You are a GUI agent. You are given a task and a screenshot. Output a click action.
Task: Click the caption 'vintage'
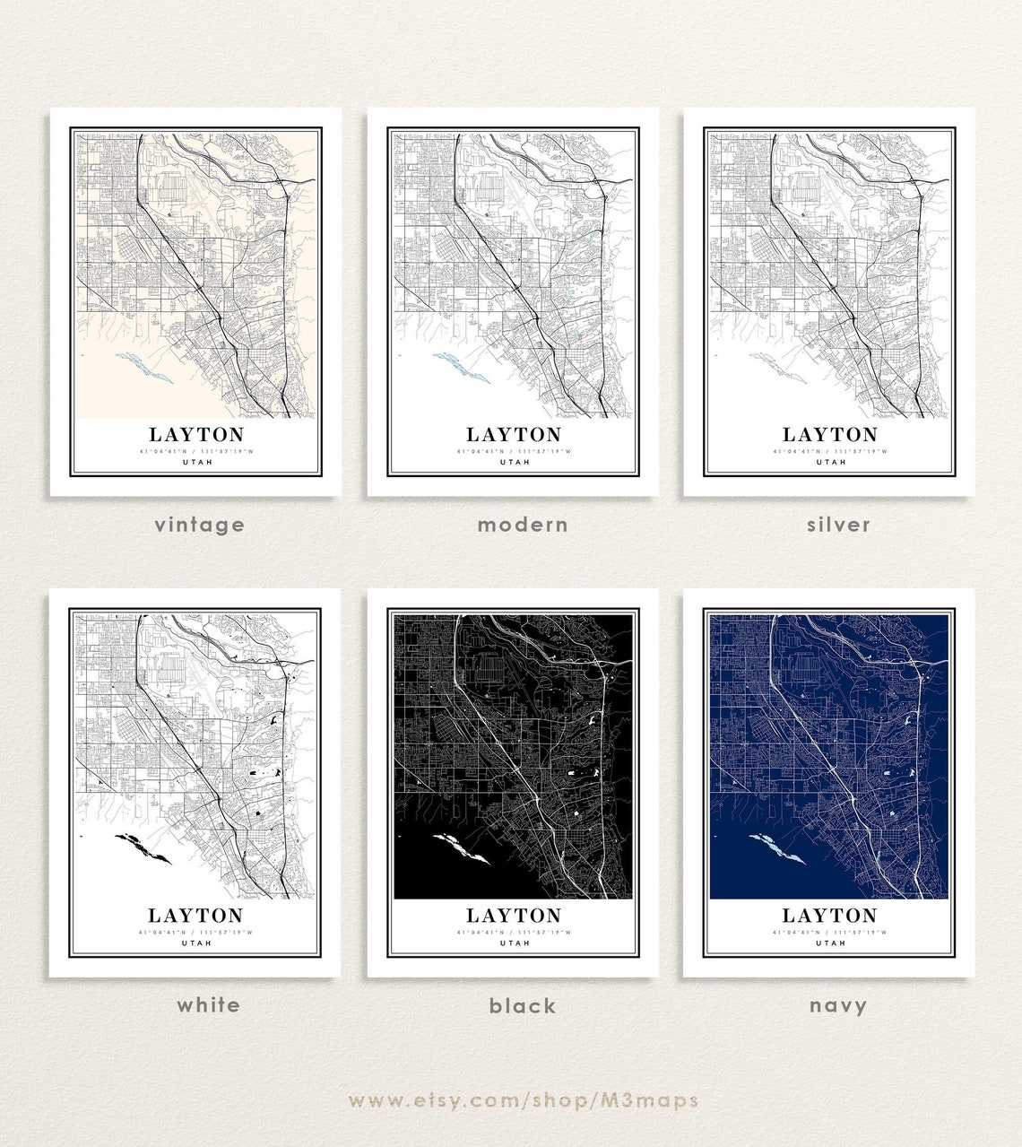(199, 524)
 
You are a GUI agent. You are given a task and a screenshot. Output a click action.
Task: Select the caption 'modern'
(523, 524)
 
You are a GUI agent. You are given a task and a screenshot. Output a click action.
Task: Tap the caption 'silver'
(838, 524)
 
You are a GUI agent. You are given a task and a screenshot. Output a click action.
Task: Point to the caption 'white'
(208, 1004)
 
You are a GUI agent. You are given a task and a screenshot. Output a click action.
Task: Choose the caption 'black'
(523, 1005)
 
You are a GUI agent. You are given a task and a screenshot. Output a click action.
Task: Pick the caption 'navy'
(838, 1005)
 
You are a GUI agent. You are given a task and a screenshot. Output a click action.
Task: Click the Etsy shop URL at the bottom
(523, 1099)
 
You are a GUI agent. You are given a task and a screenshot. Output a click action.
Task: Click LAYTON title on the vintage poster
(196, 435)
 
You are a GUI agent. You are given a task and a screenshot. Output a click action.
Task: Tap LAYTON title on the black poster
(514, 916)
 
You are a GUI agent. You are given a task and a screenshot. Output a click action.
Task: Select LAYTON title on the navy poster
(829, 916)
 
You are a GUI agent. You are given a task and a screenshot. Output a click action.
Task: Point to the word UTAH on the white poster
(196, 943)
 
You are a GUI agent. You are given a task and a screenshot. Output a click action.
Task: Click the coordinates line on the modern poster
(514, 451)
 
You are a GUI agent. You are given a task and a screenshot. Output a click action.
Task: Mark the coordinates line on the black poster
(514, 932)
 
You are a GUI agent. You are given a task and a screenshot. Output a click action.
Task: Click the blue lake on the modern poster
(460, 367)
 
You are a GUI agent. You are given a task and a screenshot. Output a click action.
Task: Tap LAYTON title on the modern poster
(514, 435)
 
